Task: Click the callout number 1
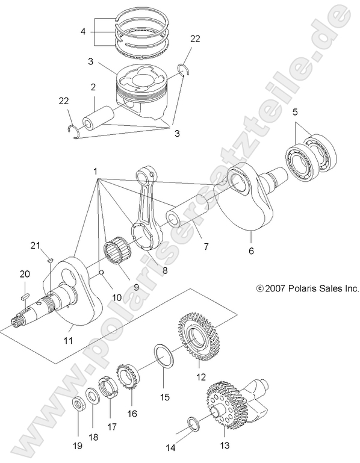(95, 172)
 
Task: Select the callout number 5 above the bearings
(295, 112)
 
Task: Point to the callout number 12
(200, 377)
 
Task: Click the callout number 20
(24, 274)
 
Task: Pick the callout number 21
(35, 245)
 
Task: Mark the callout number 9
(136, 287)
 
